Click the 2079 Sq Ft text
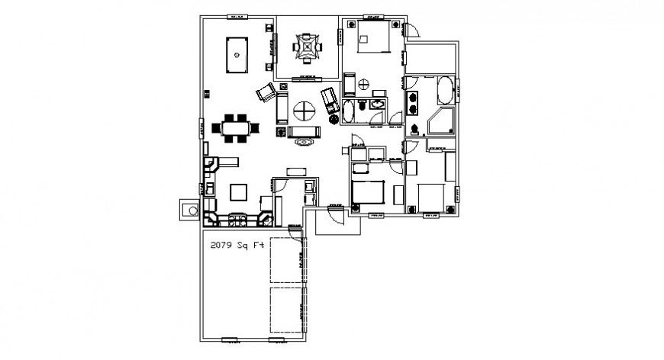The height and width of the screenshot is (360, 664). (235, 246)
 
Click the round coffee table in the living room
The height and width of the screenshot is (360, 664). (305, 111)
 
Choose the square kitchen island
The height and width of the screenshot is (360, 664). (239, 191)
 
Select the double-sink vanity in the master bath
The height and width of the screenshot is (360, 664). (414, 98)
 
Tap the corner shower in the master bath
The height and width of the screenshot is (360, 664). (441, 122)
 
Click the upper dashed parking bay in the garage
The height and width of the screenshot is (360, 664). (288, 262)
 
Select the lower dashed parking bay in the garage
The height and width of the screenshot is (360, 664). (288, 309)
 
